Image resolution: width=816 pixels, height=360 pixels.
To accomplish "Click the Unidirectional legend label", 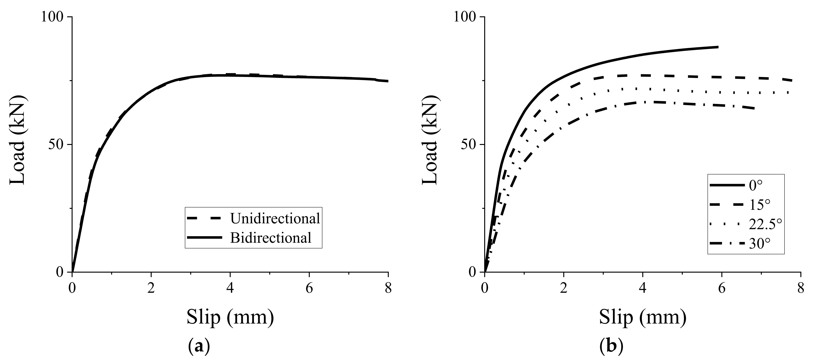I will (x=275, y=219).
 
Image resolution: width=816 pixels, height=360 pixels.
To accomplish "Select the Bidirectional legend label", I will (x=271, y=238).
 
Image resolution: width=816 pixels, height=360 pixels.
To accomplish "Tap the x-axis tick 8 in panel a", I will (x=388, y=289).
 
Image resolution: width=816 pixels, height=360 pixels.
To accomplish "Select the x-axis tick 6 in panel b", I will (x=722, y=289).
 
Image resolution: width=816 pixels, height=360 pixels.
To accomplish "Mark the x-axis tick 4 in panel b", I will (x=642, y=289).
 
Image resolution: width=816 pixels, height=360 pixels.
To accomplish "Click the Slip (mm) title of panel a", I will (x=230, y=317).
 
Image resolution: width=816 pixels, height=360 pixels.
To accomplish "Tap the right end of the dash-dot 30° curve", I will (x=754, y=109).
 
